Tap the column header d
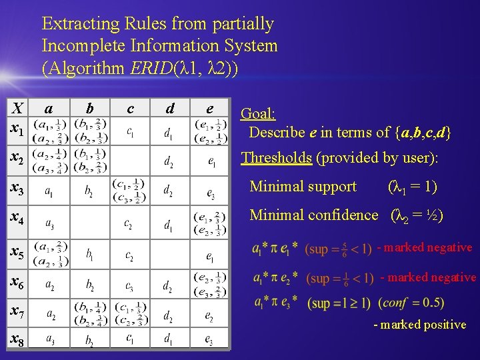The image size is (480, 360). click(171, 107)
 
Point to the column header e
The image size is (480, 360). click(209, 107)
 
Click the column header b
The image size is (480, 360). click(90, 107)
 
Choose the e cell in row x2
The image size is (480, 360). click(210, 161)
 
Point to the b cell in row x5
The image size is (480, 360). click(90, 254)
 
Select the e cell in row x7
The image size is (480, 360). click(209, 313)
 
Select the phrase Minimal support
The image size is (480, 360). click(303, 187)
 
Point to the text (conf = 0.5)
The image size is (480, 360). click(411, 303)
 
